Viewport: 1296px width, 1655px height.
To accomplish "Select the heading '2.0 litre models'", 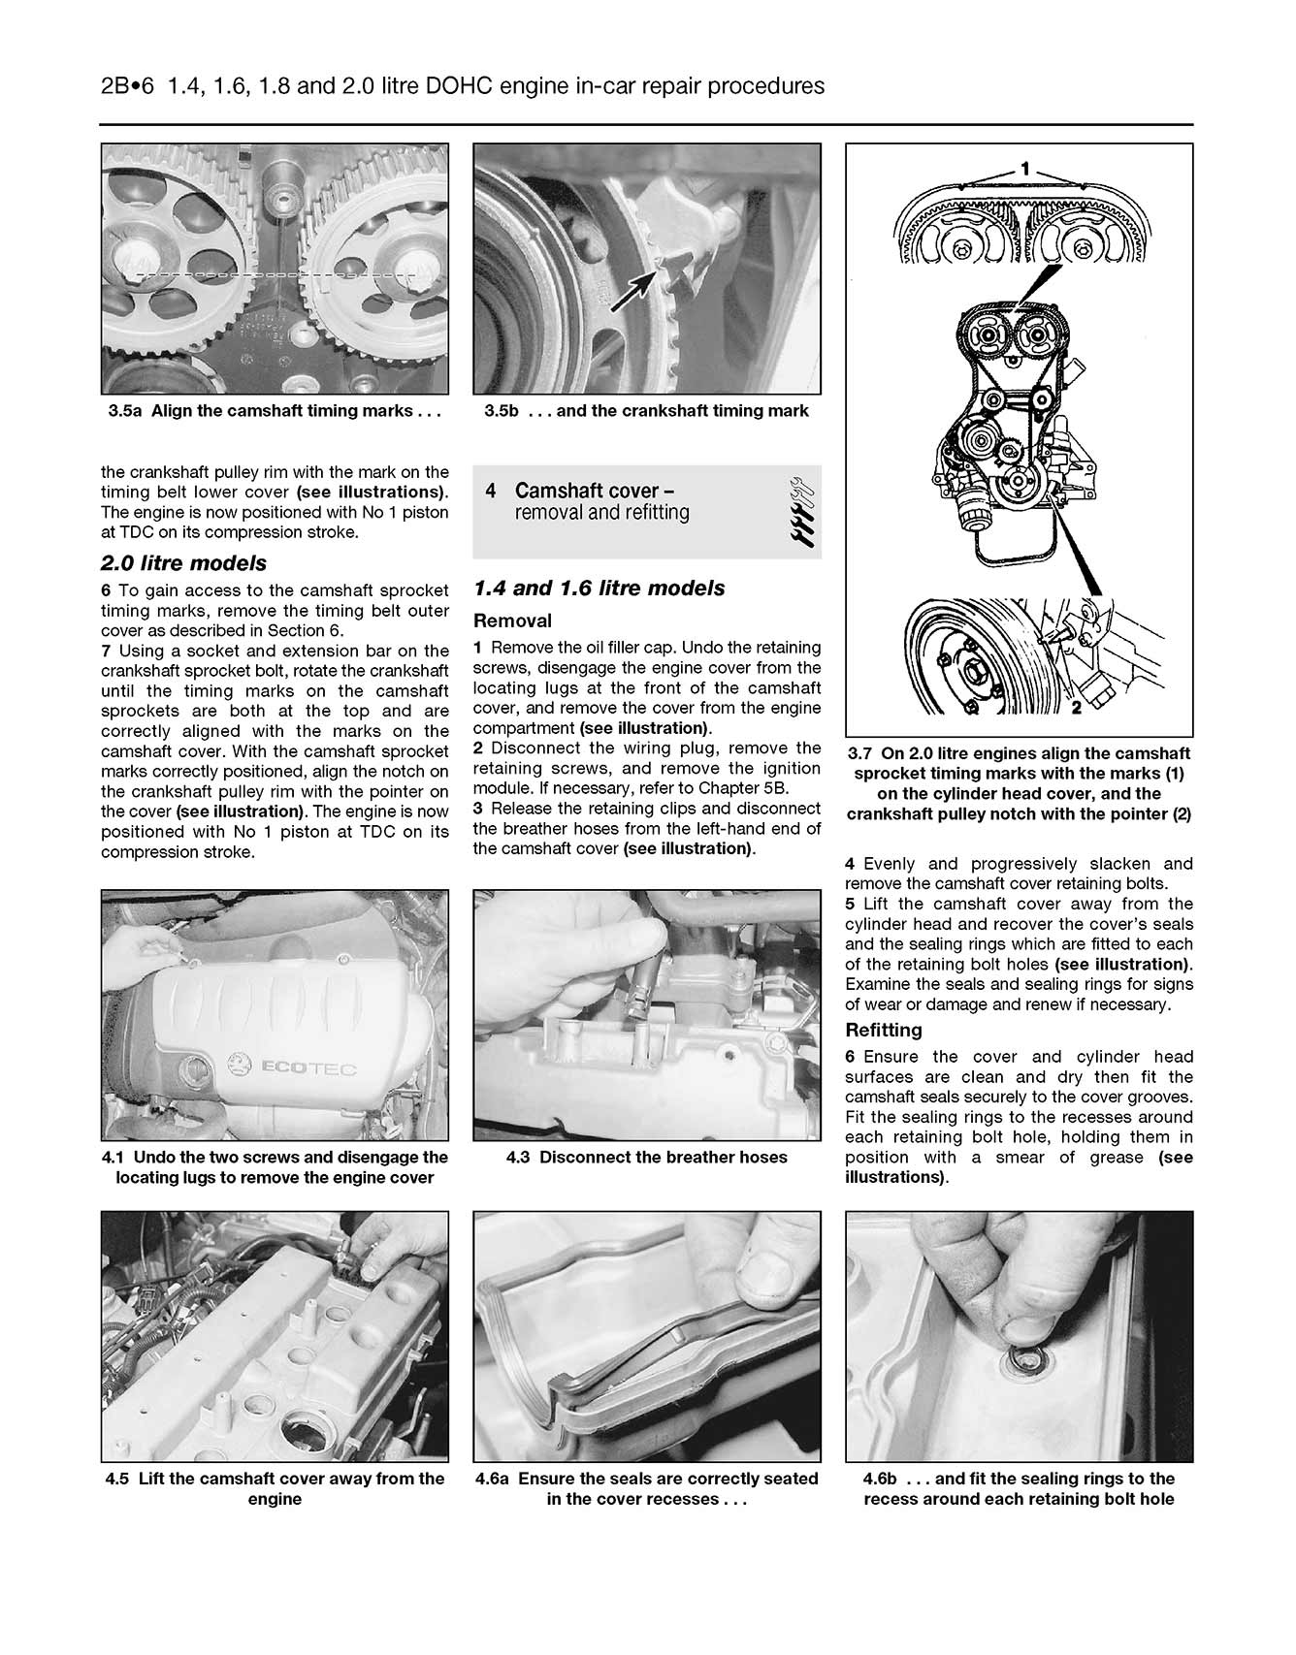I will [183, 563].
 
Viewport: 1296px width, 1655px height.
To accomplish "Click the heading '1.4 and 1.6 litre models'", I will [599, 589].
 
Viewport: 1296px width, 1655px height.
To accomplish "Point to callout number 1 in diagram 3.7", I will [1025, 169].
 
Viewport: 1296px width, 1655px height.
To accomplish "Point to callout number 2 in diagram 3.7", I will [1077, 708].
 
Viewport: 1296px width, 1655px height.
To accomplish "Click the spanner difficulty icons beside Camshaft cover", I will [800, 512].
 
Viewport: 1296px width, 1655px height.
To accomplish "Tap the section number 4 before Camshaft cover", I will [491, 491].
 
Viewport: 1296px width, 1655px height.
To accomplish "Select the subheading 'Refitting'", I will [884, 1030].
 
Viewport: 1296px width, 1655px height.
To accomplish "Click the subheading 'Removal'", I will [512, 621].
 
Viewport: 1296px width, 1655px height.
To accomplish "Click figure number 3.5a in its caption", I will [125, 411].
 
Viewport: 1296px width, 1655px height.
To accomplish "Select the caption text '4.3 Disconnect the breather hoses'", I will [646, 1157].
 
